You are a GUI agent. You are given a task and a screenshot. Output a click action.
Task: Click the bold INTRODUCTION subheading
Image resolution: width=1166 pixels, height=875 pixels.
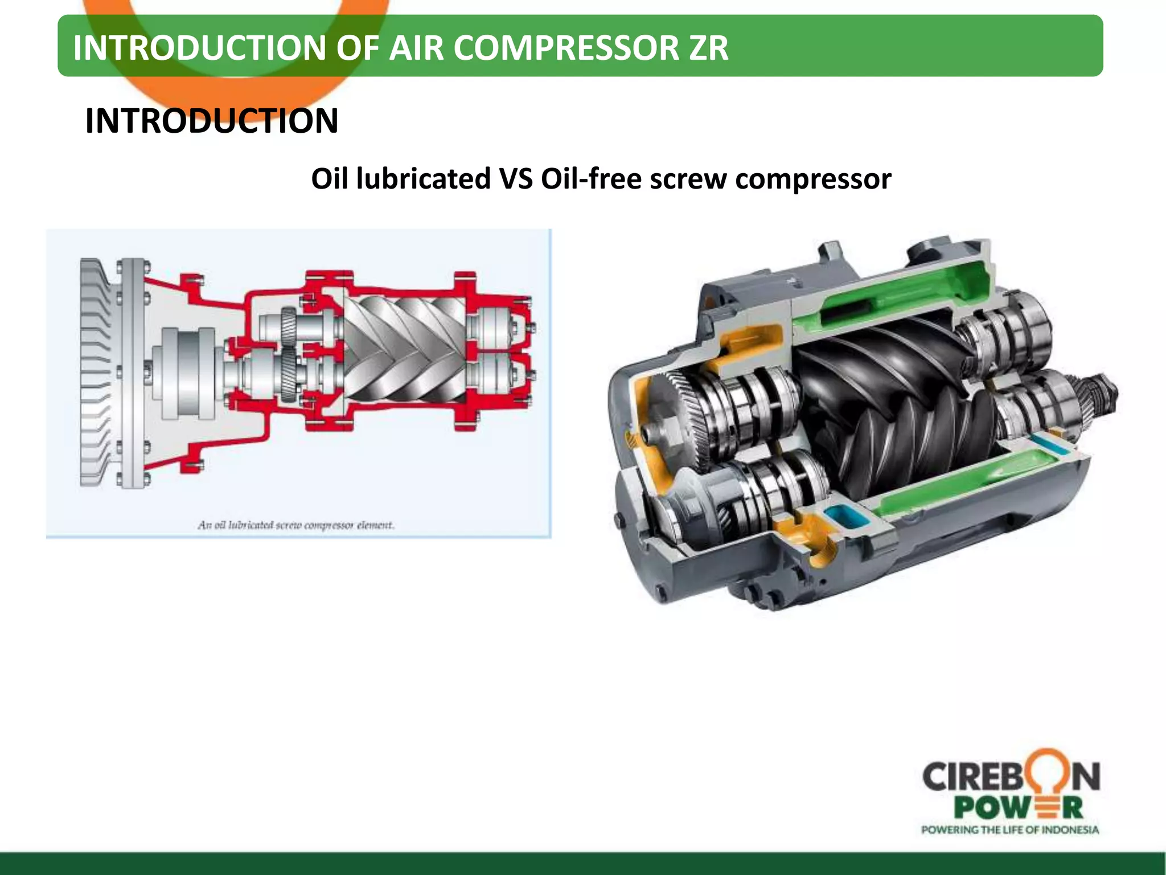[x=211, y=121]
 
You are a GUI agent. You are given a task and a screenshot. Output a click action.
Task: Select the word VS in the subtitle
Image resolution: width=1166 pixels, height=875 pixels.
[x=516, y=179]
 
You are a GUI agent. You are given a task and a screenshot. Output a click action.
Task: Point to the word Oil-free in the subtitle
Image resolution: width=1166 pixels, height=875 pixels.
[x=592, y=179]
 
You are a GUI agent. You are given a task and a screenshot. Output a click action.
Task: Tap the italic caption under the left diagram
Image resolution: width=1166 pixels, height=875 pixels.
[x=296, y=525]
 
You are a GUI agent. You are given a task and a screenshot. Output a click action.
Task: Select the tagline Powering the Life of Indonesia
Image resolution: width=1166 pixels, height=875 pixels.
[x=1010, y=830]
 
